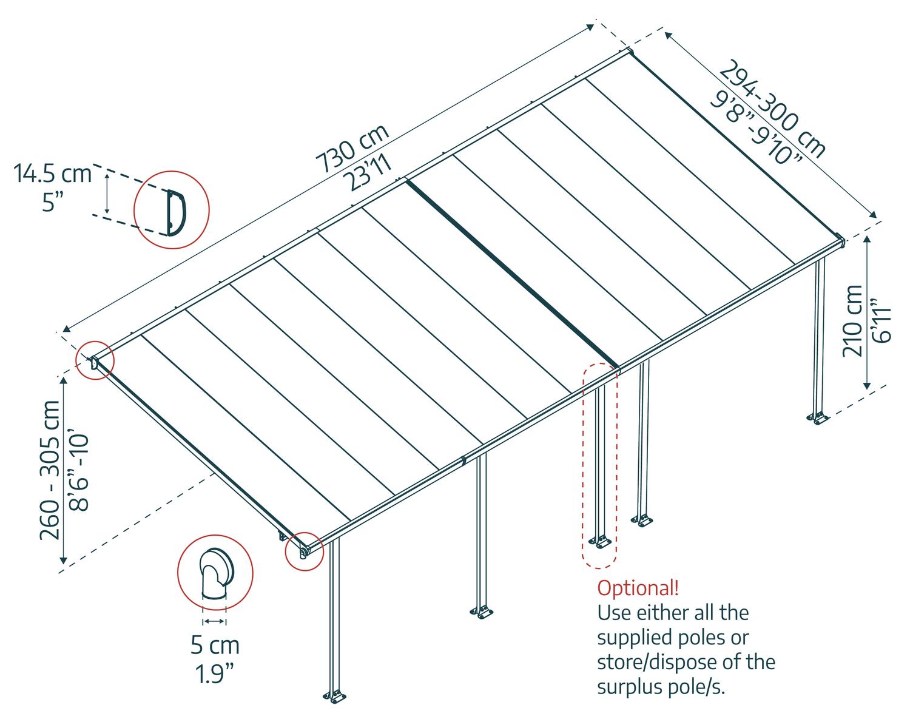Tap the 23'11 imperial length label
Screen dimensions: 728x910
click(x=367, y=173)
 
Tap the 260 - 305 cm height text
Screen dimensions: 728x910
click(x=50, y=470)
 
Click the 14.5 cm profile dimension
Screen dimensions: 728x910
click(x=53, y=174)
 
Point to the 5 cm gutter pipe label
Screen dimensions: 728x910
click(x=215, y=645)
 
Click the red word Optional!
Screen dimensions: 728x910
click(x=638, y=588)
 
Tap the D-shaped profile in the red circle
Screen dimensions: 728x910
click(x=174, y=211)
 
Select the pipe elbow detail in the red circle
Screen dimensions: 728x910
click(x=215, y=573)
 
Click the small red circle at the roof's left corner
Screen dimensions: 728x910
click(x=95, y=362)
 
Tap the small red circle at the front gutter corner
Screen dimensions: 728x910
click(x=304, y=551)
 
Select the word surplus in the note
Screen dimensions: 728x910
click(x=629, y=687)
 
